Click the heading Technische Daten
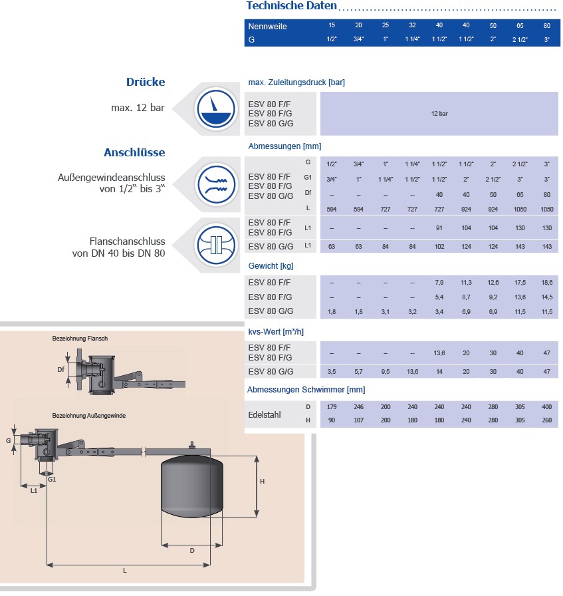[x=291, y=6]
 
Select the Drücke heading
[x=145, y=82]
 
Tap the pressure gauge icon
[x=215, y=108]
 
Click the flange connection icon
[x=215, y=243]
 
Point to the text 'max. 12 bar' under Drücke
[x=138, y=108]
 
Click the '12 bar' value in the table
[x=439, y=114]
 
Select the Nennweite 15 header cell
[x=332, y=25]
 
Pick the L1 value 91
[x=439, y=227]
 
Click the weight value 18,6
[x=546, y=283]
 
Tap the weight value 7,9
[x=439, y=283]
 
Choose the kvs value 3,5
[x=332, y=371]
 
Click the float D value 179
[x=332, y=406]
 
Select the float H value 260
[x=546, y=420]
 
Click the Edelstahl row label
[x=265, y=413]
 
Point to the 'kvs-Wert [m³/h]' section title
[x=276, y=331]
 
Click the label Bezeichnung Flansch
[x=80, y=339]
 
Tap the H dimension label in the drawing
[x=263, y=482]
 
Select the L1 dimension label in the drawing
[x=33, y=490]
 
